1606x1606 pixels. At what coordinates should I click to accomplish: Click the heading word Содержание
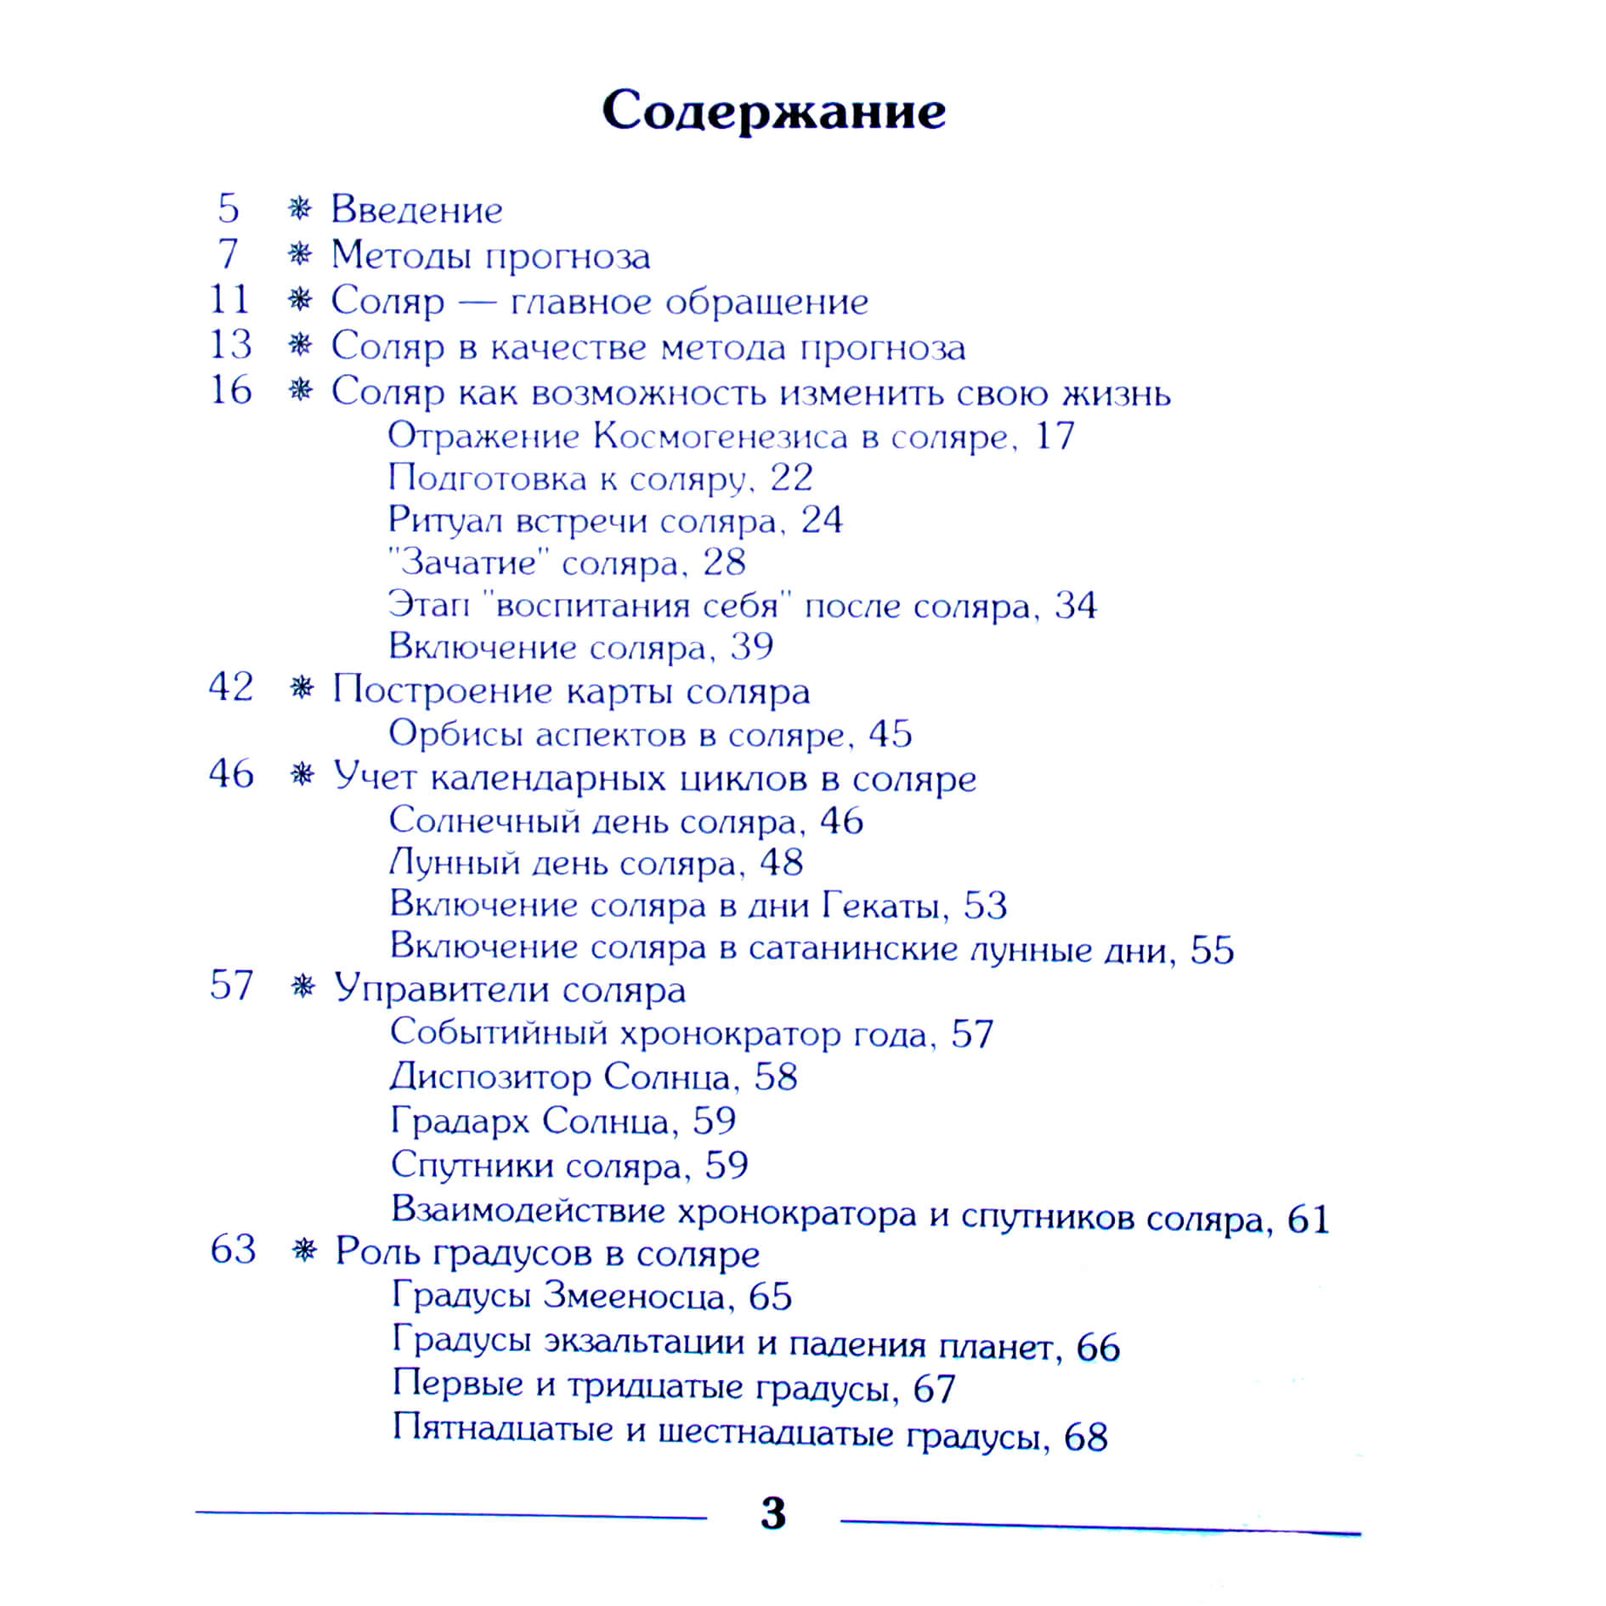coord(773,111)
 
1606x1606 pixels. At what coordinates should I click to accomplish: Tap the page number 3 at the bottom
coord(773,1513)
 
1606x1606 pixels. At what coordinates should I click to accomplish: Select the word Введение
coord(416,210)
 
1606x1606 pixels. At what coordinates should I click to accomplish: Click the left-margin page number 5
coord(228,208)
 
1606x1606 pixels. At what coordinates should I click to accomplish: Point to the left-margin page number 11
coord(229,299)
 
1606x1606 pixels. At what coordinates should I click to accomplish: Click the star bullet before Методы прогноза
coord(299,254)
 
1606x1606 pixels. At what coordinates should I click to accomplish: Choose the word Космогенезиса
coord(721,437)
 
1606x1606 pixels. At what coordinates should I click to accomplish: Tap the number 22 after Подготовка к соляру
coord(791,478)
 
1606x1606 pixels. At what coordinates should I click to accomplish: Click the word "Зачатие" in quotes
coord(468,563)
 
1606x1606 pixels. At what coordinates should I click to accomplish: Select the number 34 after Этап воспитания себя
coord(1075,606)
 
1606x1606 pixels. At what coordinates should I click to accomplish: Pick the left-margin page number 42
coord(231,687)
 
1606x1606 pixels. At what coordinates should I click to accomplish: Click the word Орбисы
coord(455,734)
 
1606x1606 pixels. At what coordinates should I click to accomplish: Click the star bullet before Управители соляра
coord(303,987)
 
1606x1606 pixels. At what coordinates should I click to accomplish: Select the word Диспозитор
coord(490,1077)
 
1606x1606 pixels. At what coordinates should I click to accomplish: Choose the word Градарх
coord(460,1121)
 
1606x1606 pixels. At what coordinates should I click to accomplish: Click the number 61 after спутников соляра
coord(1308,1219)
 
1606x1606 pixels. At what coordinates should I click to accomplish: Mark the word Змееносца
coord(634,1296)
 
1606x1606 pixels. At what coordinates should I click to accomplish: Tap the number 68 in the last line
coord(1085,1437)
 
